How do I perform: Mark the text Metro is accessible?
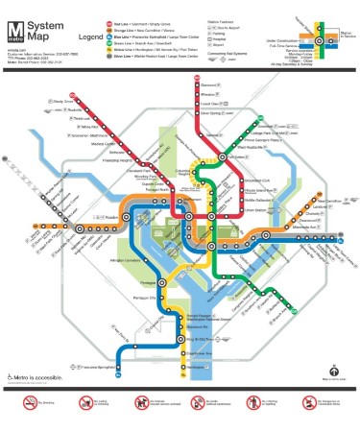pyautogui.click(x=38, y=376)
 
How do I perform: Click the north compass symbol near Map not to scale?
pyautogui.click(x=332, y=370)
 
